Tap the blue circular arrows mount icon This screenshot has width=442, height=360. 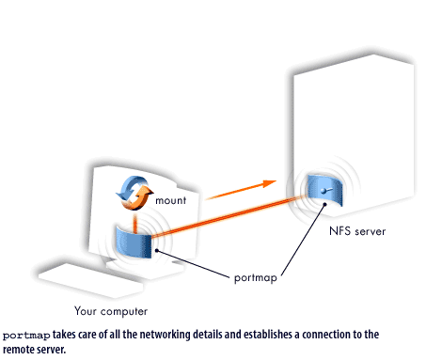point(132,196)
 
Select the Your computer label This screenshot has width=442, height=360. point(112,309)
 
